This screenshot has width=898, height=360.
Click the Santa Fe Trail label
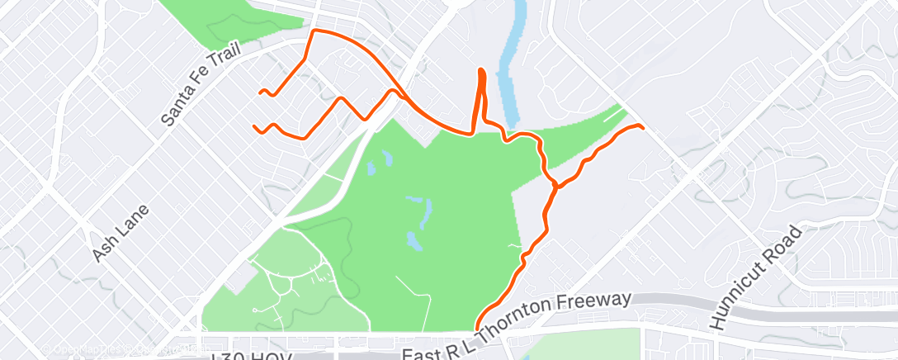click(x=202, y=84)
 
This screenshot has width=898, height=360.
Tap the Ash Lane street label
click(x=113, y=234)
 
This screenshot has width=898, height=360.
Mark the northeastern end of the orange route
click(x=641, y=126)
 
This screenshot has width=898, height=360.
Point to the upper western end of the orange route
click(x=261, y=92)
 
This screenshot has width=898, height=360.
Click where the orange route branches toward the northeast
click(x=554, y=185)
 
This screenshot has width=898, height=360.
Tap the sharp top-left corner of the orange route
click(x=312, y=31)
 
